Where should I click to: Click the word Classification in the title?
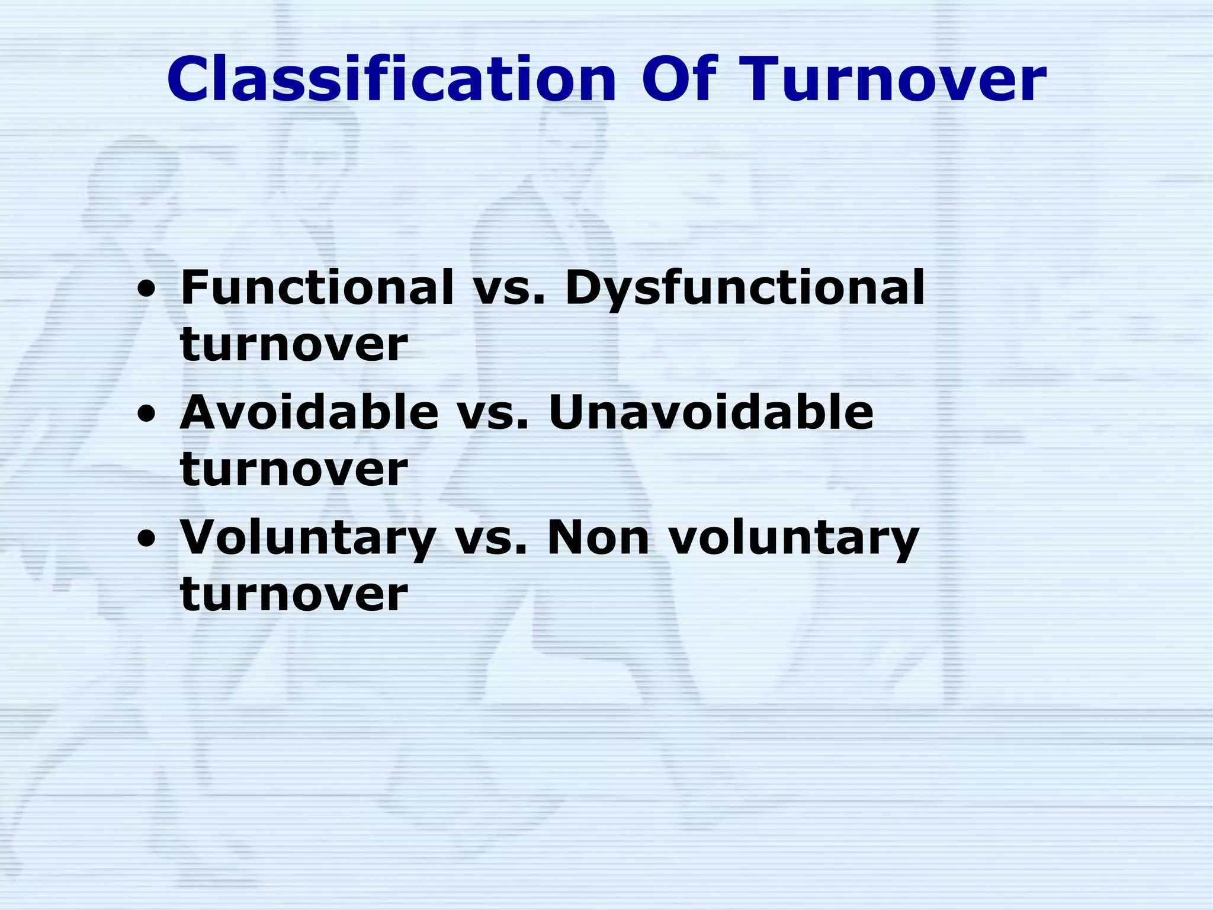coord(391,79)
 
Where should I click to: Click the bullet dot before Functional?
coord(146,291)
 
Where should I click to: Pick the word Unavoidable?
coord(711,412)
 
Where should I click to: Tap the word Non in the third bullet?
coord(598,537)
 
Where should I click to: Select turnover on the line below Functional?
coord(294,345)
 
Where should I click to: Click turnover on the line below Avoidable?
coord(294,469)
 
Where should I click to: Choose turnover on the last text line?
coord(294,594)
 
